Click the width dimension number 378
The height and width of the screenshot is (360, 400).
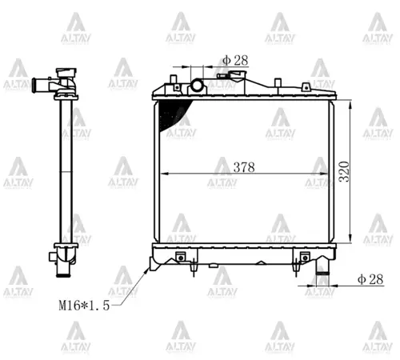[x=244, y=167]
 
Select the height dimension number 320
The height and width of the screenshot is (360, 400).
[x=345, y=171]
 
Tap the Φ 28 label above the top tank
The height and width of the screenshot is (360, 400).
[x=236, y=59]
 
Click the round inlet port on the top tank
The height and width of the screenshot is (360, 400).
[x=198, y=86]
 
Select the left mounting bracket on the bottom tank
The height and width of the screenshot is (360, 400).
[x=181, y=258]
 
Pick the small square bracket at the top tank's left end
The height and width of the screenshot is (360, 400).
[x=174, y=78]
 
